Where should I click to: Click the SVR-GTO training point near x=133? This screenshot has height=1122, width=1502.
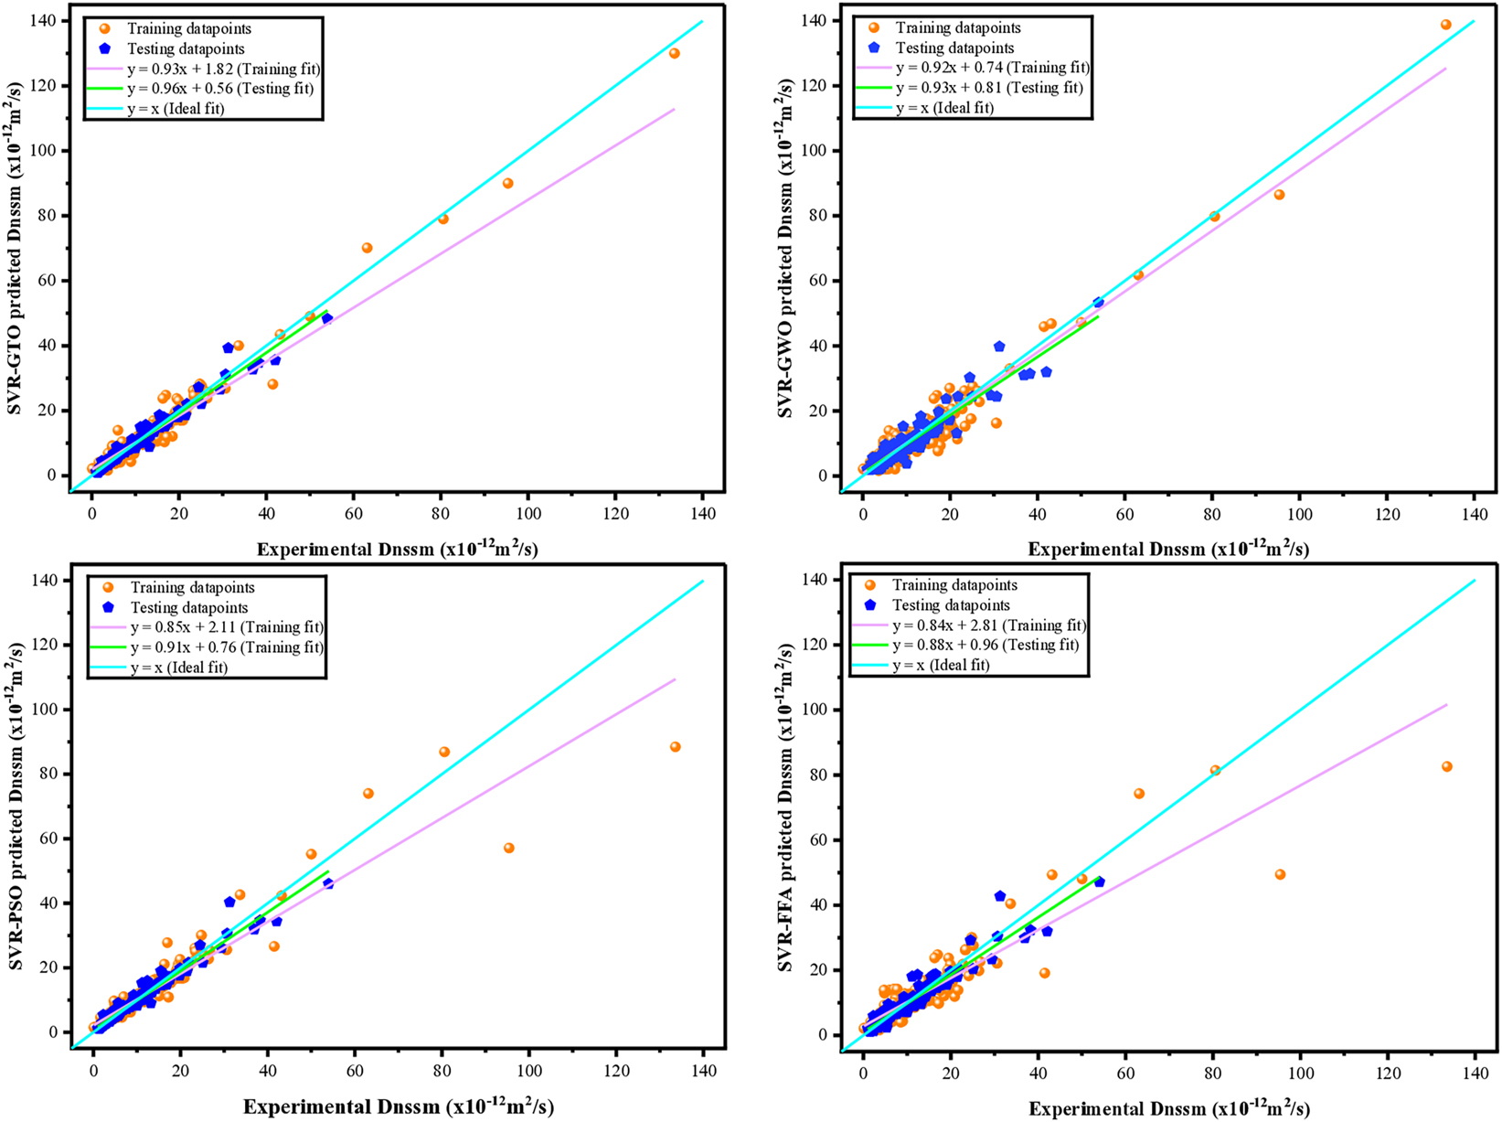pyautogui.click(x=674, y=53)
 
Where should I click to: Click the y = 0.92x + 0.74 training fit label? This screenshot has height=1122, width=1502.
pyautogui.click(x=993, y=68)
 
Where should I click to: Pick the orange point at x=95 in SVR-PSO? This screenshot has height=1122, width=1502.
pyautogui.click(x=509, y=848)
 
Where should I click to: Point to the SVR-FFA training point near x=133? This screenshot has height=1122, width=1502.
pyautogui.click(x=1446, y=766)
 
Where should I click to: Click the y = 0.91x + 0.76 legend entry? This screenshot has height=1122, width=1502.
pyautogui.click(x=227, y=647)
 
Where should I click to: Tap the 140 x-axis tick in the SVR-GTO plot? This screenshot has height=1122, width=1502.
pyautogui.click(x=702, y=513)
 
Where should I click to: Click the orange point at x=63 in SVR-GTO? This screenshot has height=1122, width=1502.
pyautogui.click(x=367, y=248)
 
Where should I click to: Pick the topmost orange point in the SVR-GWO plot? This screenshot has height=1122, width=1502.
pyautogui.click(x=1445, y=25)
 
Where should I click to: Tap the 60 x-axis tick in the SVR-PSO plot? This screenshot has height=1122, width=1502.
pyautogui.click(x=355, y=1070)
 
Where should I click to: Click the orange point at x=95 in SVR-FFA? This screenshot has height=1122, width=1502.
pyautogui.click(x=1280, y=874)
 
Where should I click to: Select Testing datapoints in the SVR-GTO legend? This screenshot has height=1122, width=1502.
pyautogui.click(x=186, y=48)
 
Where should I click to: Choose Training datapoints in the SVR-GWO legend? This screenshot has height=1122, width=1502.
pyautogui.click(x=958, y=28)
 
